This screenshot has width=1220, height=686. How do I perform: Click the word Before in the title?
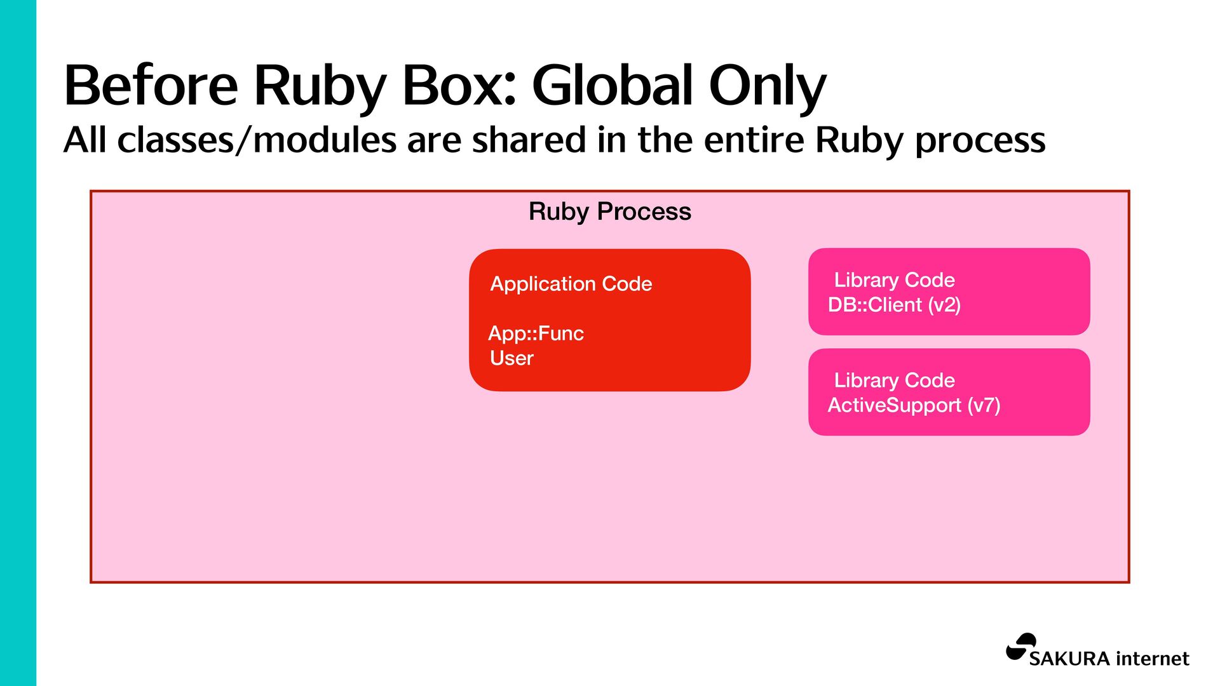pos(151,85)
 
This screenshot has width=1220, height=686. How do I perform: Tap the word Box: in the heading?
pos(459,85)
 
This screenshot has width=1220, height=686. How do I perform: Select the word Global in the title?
pos(611,85)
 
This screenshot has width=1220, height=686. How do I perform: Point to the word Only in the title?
pos(767,85)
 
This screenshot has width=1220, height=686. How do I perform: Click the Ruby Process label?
pos(609,212)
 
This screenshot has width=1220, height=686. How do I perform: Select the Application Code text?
pos(571,284)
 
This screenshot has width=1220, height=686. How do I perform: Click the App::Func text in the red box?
pos(536,333)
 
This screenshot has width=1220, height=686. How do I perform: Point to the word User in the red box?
pos(512,358)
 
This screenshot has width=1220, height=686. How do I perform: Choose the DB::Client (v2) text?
pos(894,305)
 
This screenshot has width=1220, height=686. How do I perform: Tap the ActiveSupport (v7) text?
pos(914,405)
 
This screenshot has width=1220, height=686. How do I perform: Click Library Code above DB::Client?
pos(894,280)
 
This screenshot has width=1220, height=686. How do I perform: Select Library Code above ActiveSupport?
pos(894,380)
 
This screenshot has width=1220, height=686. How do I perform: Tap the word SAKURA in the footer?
pos(1069,659)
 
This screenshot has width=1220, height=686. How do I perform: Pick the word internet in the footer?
pos(1153,659)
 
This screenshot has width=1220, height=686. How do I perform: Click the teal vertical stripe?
pos(18,343)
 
